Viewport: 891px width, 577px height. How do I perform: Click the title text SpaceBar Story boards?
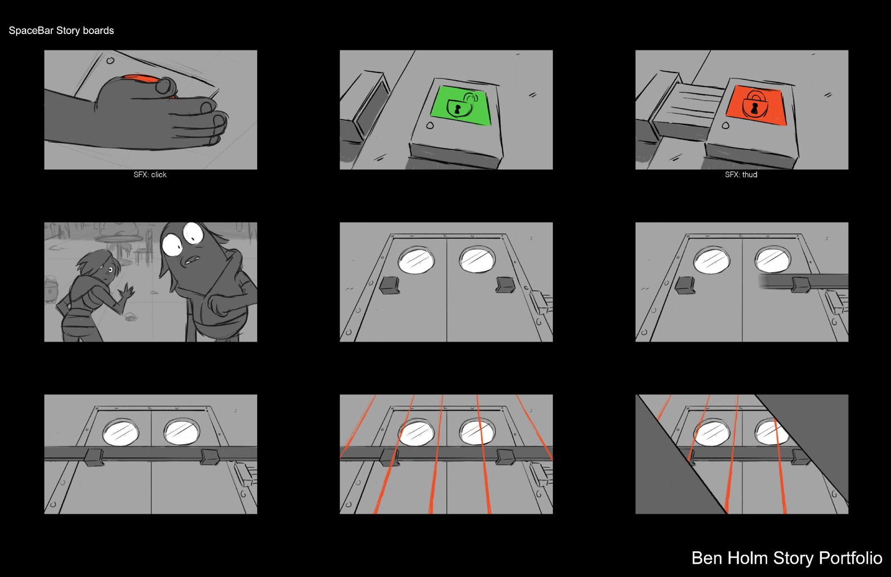coord(61,31)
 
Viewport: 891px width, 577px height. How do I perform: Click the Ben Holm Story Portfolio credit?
coord(786,558)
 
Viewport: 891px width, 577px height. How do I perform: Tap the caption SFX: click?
coord(150,174)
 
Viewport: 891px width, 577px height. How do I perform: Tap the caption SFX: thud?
coord(741,174)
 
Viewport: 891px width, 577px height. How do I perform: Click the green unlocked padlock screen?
coord(461,105)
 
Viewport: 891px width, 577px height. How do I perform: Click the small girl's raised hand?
coord(128,292)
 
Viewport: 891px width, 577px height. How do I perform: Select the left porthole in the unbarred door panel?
coord(416,259)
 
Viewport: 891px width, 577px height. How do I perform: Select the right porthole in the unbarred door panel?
coord(477,260)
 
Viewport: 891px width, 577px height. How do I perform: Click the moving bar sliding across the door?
coord(802,282)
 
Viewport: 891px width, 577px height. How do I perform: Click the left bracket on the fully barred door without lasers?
coord(94,457)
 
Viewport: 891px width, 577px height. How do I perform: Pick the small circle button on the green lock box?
coord(430,126)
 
